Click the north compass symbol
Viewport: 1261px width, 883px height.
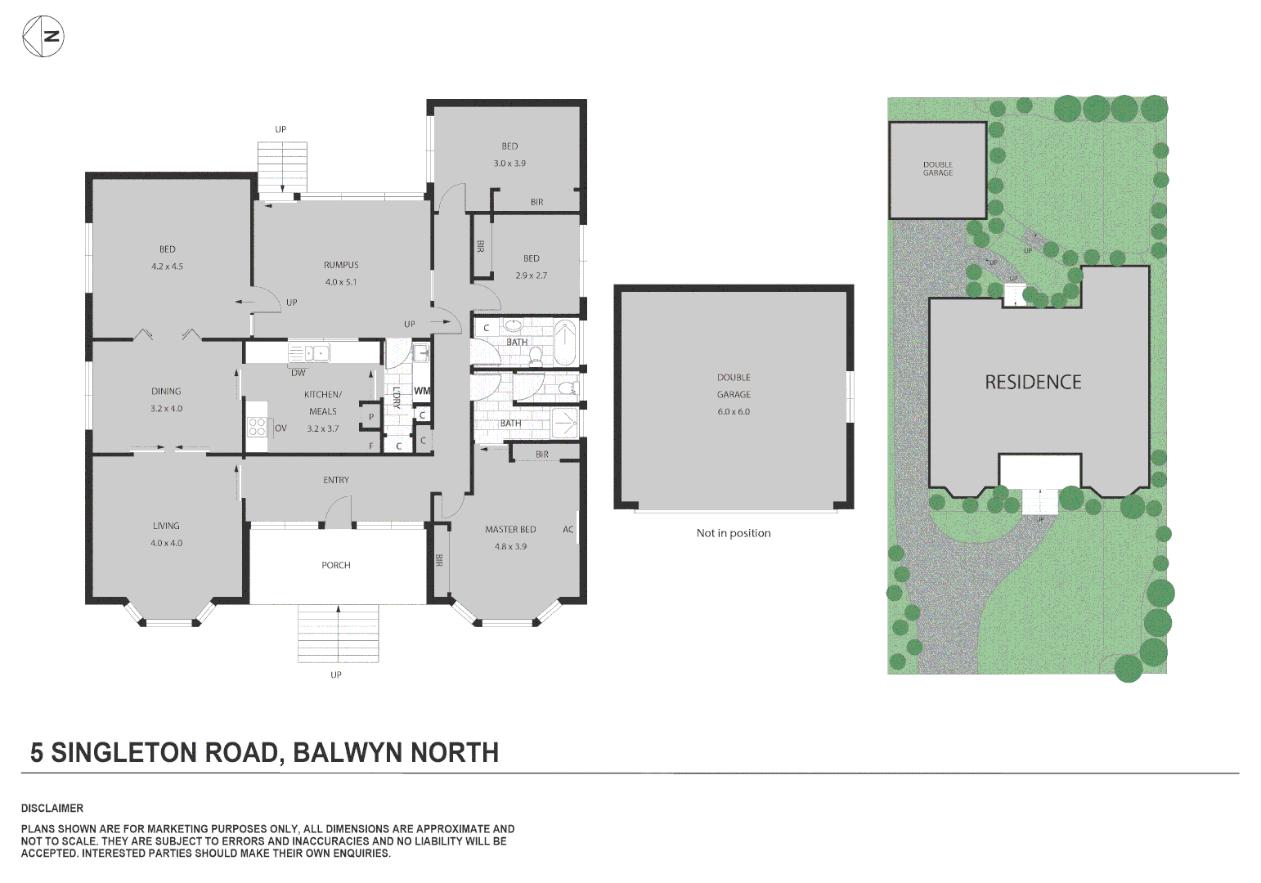tap(43, 36)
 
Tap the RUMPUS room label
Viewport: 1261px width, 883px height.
tap(341, 265)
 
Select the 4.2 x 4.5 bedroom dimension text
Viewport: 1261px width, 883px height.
tap(167, 267)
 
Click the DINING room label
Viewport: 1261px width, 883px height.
tap(166, 392)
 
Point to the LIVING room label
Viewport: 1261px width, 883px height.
tap(166, 526)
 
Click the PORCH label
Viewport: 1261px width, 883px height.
tap(336, 565)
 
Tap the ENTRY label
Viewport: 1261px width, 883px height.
tap(336, 480)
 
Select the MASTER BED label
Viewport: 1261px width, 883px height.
tap(510, 529)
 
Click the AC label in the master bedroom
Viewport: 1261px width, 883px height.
tap(568, 529)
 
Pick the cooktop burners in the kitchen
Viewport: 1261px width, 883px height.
tap(257, 427)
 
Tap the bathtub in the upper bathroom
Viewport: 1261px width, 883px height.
tap(565, 343)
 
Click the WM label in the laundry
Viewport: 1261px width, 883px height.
tap(421, 391)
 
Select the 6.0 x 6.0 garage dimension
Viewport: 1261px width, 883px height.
tap(734, 411)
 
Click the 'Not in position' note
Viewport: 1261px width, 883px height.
tap(734, 533)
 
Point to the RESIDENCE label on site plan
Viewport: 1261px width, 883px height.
tap(1033, 382)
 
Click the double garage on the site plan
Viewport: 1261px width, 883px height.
tap(937, 169)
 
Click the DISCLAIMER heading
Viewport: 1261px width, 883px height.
tap(52, 808)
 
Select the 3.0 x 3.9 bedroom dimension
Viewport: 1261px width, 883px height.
tap(509, 164)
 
